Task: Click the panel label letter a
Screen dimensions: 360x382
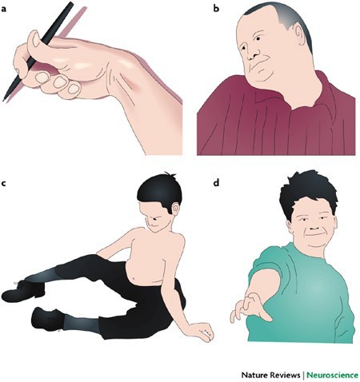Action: click(3, 10)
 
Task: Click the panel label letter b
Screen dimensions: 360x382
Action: click(216, 9)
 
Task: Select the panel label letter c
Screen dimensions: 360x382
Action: click(3, 184)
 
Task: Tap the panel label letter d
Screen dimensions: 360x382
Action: click(216, 182)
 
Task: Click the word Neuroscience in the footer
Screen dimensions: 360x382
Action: click(332, 375)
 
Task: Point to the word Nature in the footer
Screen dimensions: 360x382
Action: click(254, 375)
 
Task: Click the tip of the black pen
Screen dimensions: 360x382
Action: click(4, 101)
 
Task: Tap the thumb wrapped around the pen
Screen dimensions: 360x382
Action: click(37, 41)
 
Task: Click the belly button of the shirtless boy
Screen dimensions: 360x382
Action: click(134, 280)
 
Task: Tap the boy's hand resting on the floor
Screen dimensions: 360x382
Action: click(202, 332)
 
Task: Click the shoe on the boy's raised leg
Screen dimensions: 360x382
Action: click(22, 290)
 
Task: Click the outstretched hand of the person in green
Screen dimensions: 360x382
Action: click(250, 309)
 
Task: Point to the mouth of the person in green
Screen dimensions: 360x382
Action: click(314, 235)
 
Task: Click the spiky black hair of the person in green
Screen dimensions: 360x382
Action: click(309, 190)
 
